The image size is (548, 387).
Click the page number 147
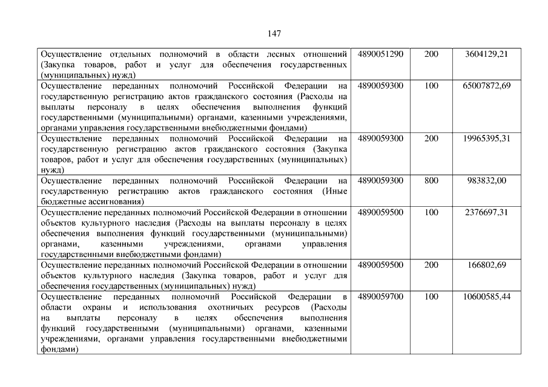click(274, 33)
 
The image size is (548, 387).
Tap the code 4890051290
click(380, 54)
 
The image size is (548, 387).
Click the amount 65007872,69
click(486, 86)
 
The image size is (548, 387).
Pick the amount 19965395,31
click(486, 138)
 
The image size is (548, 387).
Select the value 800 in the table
click(431, 180)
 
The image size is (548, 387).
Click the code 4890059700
click(380, 297)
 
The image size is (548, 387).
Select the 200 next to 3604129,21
click(431, 54)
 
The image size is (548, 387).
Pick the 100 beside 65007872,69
click(431, 86)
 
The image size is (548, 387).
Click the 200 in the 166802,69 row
click(431, 265)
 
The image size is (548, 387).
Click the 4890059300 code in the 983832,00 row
click(380, 180)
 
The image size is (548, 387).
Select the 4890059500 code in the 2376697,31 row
click(380, 212)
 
